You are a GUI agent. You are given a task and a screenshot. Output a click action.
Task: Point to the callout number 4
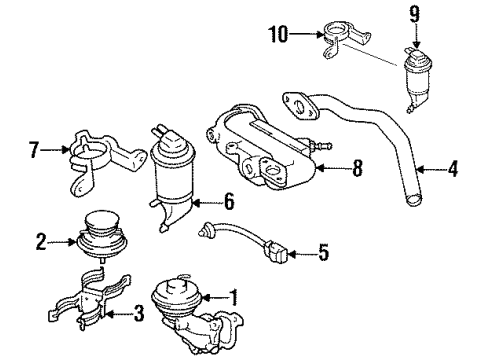coord(453,170)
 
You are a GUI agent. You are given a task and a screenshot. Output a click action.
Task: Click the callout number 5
coord(322,253)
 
